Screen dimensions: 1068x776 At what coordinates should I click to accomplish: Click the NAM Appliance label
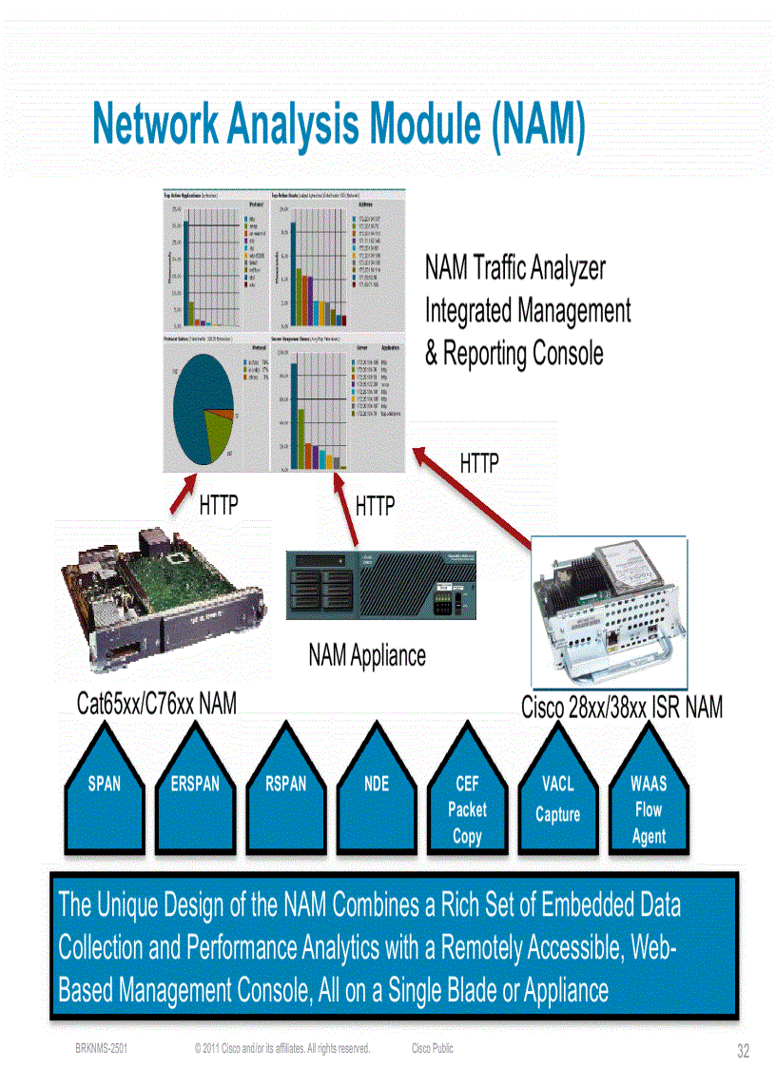(367, 654)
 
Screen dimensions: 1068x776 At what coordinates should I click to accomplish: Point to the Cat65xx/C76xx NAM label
(157, 704)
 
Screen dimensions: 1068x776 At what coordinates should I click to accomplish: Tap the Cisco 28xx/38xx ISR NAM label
(622, 708)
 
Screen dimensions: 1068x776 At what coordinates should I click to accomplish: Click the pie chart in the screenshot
(202, 406)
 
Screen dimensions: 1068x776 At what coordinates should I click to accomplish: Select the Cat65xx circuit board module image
(163, 610)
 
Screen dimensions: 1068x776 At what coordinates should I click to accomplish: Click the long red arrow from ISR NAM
(475, 501)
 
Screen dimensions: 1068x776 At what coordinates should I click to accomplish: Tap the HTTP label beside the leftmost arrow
(219, 505)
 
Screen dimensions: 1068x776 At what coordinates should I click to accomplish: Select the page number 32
(743, 1051)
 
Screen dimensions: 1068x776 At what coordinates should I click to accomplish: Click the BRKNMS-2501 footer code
(102, 1048)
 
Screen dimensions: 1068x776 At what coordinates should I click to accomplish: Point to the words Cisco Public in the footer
(432, 1048)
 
